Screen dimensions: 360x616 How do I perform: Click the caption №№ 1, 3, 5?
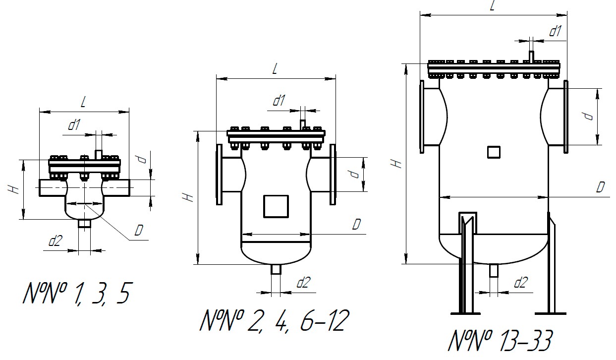[x=76, y=293]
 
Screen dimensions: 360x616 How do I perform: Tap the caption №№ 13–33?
[x=500, y=341]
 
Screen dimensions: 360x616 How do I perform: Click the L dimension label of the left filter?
[x=83, y=102]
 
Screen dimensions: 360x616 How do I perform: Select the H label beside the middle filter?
[x=188, y=197]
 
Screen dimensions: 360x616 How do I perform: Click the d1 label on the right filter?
[x=555, y=31]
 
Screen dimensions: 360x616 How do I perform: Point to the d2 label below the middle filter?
[x=303, y=283]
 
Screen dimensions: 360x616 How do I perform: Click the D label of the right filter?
[x=600, y=187]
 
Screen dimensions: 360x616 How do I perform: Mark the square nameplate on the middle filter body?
[x=276, y=206]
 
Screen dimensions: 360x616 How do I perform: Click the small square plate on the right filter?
[x=493, y=152]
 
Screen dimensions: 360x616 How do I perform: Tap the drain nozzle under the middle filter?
[x=276, y=269]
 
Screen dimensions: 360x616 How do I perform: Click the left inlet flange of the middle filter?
[x=219, y=174]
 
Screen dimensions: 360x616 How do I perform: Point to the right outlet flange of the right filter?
[x=565, y=116]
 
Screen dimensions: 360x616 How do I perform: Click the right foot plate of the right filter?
[x=550, y=313]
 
